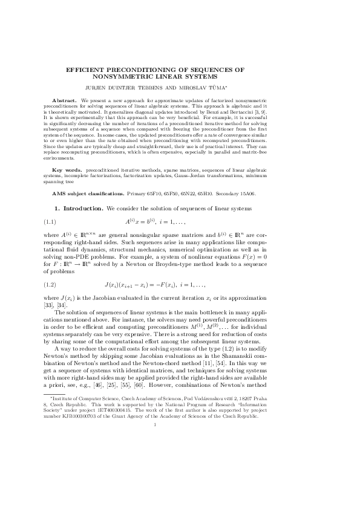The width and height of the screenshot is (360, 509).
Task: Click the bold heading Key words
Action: click(67, 171)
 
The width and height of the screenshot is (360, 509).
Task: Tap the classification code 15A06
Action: click(243, 193)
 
